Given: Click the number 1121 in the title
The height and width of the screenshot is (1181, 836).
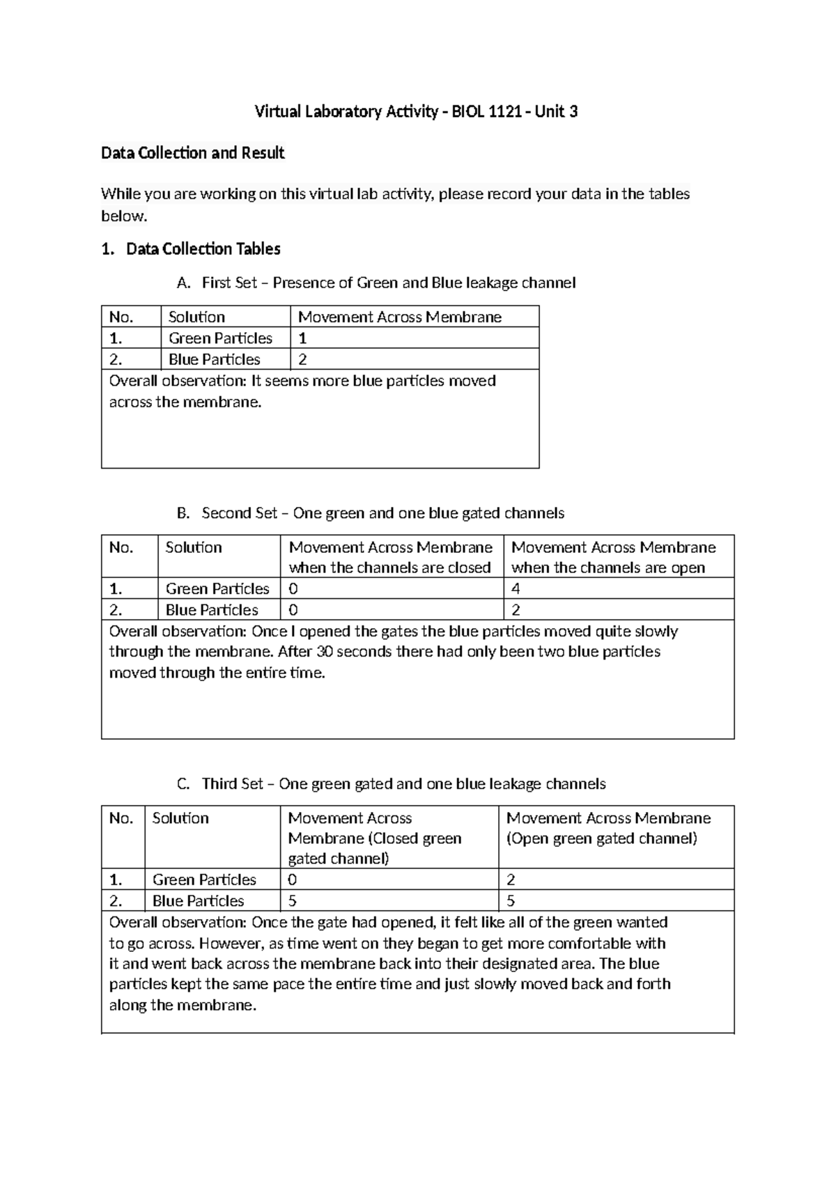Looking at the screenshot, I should [504, 111].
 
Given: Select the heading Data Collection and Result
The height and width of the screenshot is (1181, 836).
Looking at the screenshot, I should [192, 153].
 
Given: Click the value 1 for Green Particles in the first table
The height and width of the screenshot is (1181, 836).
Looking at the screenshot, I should [303, 338].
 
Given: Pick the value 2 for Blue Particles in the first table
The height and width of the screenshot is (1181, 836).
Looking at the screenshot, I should [303, 360].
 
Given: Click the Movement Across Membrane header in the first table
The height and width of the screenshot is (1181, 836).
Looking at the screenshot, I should [399, 318].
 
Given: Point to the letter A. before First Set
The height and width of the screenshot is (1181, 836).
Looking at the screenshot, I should [183, 283].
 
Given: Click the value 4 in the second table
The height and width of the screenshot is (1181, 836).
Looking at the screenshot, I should [516, 589].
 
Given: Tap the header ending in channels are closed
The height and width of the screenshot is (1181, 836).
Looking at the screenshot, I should [389, 568].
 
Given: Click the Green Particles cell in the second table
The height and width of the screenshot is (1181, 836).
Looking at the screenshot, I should [217, 589].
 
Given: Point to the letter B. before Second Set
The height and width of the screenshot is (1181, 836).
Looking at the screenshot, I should [183, 514].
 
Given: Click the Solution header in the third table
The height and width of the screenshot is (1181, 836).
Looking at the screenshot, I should [180, 818].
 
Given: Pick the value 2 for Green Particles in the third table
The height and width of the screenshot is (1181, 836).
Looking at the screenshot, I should [511, 880].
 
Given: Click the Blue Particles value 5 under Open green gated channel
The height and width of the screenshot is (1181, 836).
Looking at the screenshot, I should [511, 901].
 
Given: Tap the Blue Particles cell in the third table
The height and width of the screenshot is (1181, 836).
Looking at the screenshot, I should [198, 901].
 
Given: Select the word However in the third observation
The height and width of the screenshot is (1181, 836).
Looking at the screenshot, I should [228, 944].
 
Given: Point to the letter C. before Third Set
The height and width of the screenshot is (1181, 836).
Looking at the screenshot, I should [183, 785].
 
